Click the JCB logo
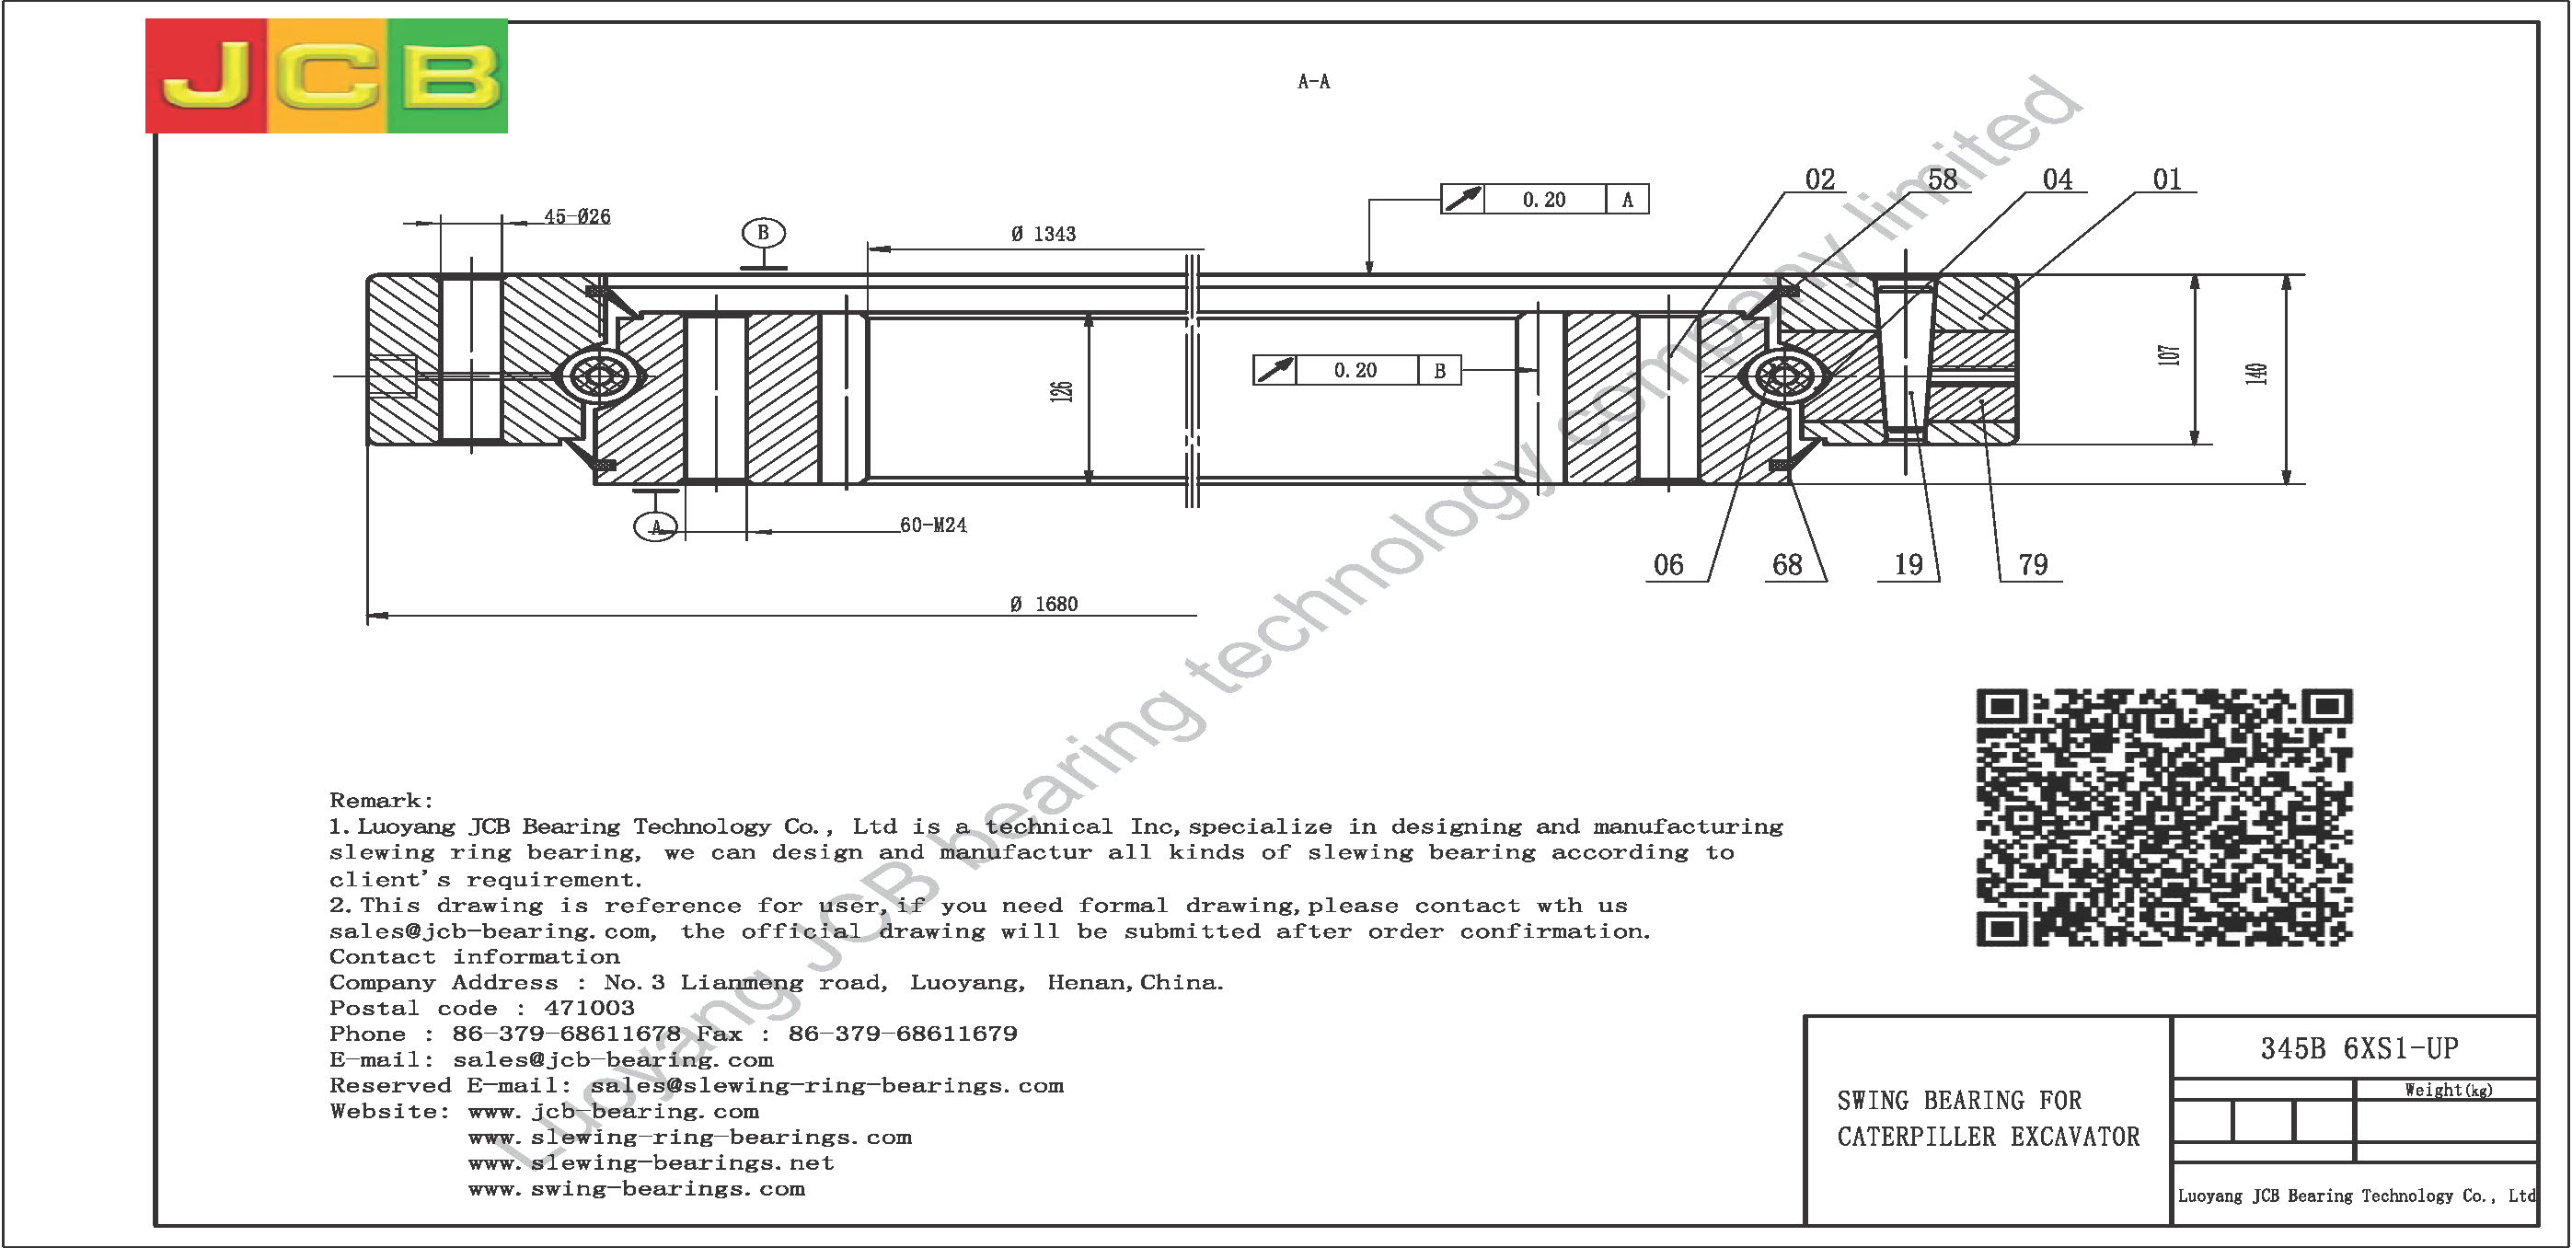tap(327, 75)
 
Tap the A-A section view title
tap(1314, 82)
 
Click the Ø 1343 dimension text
tap(1044, 234)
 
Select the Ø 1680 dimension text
tap(1044, 604)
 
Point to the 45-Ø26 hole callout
tap(577, 215)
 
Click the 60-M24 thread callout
tap(933, 526)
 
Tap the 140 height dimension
tap(2256, 374)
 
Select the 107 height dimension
tap(2169, 355)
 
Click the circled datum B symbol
tap(764, 233)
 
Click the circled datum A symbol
tap(656, 526)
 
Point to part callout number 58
tap(1942, 179)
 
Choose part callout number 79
tap(2033, 565)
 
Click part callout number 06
tap(1668, 565)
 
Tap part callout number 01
tap(2166, 179)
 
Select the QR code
tap(2164, 816)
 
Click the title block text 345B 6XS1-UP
tap(2359, 1048)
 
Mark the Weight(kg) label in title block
tap(2448, 1091)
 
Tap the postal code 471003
tap(589, 1009)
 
